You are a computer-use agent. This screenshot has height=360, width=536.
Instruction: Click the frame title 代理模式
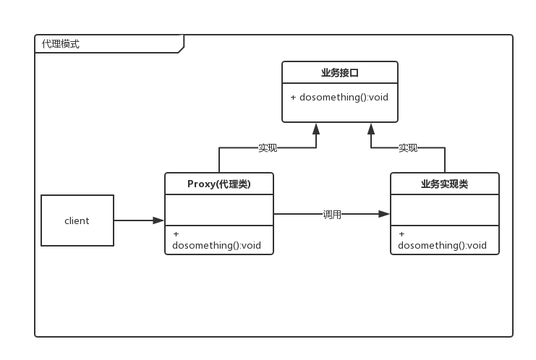(x=61, y=44)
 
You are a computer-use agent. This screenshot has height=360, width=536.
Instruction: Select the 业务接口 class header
(x=340, y=72)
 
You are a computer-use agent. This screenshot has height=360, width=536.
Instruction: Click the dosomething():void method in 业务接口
(x=344, y=98)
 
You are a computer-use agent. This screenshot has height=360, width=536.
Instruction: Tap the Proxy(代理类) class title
(x=218, y=184)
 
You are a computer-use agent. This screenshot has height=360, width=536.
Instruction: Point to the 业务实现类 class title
(x=444, y=184)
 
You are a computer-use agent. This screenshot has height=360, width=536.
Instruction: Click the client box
(x=77, y=220)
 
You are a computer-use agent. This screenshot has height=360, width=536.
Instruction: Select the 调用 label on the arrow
(x=332, y=215)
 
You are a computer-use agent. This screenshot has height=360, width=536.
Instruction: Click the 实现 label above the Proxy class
(x=268, y=148)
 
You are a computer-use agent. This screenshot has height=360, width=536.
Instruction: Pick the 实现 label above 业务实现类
(x=408, y=148)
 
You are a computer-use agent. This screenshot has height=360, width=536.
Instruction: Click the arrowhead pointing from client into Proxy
(x=158, y=220)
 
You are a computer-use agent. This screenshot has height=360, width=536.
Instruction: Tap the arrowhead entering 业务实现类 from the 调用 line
(x=384, y=214)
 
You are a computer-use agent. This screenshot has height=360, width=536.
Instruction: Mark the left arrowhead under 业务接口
(x=316, y=129)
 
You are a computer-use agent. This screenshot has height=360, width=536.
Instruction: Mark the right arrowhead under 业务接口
(x=371, y=129)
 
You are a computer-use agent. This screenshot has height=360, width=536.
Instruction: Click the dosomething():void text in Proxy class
(x=216, y=246)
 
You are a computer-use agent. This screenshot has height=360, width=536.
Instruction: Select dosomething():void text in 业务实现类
(x=442, y=246)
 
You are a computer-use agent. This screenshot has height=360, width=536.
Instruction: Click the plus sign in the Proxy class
(x=176, y=234)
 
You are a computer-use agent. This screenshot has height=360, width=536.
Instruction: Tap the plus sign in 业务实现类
(x=401, y=234)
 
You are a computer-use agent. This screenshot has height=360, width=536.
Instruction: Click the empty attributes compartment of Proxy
(x=219, y=210)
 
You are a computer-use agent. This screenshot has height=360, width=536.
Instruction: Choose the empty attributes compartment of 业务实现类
(x=445, y=210)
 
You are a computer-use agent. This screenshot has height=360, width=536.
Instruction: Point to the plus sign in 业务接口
(x=293, y=98)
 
